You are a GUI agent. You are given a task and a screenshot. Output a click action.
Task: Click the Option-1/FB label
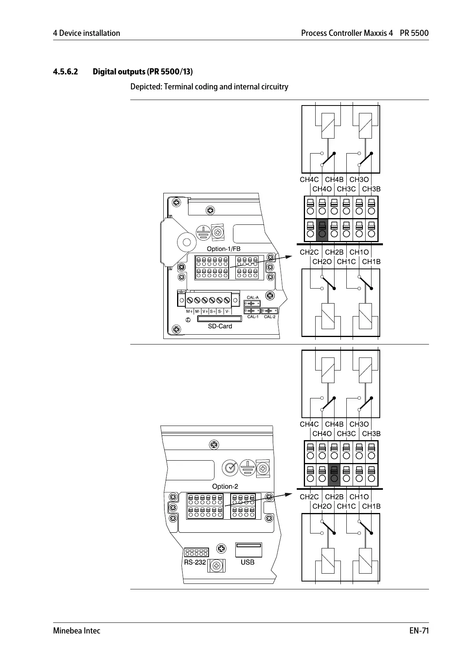223,249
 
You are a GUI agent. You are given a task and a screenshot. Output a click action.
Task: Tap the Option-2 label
225,486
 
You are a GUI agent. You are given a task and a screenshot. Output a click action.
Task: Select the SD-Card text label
220,326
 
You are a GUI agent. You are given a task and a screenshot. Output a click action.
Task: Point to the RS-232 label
195,562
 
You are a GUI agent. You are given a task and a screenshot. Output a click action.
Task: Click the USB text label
248,562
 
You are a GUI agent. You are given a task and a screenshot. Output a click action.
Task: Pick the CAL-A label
252,298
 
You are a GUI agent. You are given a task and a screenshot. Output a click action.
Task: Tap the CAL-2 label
270,317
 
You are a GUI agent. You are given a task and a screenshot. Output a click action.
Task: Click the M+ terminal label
190,311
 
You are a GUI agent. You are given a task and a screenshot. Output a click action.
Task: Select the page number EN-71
419,631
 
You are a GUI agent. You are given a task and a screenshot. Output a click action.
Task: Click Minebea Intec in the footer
76,631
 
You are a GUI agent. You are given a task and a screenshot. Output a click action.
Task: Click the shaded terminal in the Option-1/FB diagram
322,230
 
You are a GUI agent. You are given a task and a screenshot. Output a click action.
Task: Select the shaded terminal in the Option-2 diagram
334,475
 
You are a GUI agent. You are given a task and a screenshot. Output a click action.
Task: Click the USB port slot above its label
248,550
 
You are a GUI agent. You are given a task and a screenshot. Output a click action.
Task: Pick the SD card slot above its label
219,319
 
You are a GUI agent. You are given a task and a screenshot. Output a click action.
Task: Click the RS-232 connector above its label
196,552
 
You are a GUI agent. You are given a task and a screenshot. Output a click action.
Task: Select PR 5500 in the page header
414,33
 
